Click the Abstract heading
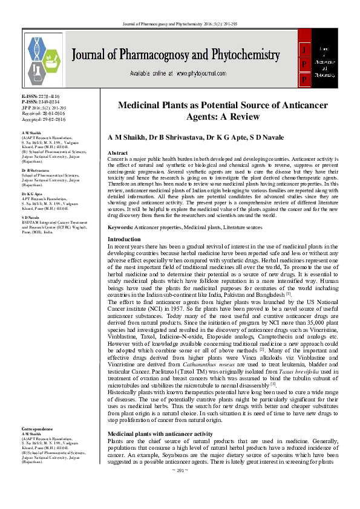pyautogui.click(x=117, y=153)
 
